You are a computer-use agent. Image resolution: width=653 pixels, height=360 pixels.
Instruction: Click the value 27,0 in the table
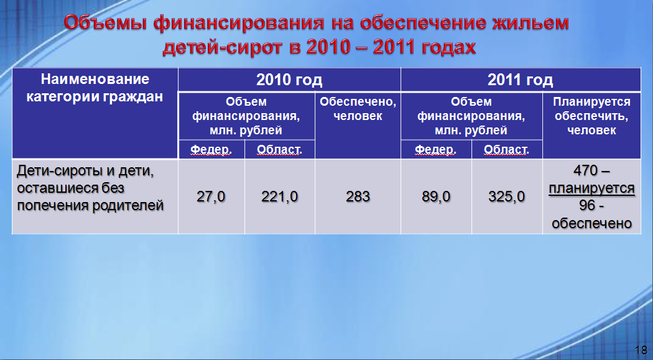[211, 196]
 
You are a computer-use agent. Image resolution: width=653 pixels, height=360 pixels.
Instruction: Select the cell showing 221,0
[279, 196]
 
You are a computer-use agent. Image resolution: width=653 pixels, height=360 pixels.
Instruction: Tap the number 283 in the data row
[358, 196]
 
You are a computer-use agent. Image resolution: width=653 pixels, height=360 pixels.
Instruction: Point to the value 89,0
[436, 196]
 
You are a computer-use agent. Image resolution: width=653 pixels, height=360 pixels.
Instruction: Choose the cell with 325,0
[506, 196]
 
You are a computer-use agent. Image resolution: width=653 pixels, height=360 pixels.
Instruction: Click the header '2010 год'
[289, 80]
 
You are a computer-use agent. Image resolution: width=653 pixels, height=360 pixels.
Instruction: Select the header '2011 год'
[520, 80]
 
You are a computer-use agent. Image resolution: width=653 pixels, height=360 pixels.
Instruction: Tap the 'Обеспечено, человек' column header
[358, 109]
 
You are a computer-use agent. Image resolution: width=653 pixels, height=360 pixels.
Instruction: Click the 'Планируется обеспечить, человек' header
[591, 116]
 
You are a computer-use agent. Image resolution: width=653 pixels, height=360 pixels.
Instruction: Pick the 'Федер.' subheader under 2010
[211, 149]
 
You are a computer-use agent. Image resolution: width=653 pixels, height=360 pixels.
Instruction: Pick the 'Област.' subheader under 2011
[506, 149]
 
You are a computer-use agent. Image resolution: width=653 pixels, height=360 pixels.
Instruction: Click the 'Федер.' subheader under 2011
[436, 149]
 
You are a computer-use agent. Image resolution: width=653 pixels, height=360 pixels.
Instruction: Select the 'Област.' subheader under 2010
[279, 149]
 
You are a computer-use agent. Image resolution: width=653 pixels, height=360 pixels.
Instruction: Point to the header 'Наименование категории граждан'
[95, 88]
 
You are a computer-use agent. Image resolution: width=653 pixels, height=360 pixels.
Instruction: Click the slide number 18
[641, 350]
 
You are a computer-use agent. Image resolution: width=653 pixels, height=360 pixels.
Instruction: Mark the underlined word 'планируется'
[591, 188]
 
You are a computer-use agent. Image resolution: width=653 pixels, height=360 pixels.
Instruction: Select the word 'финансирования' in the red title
[238, 23]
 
